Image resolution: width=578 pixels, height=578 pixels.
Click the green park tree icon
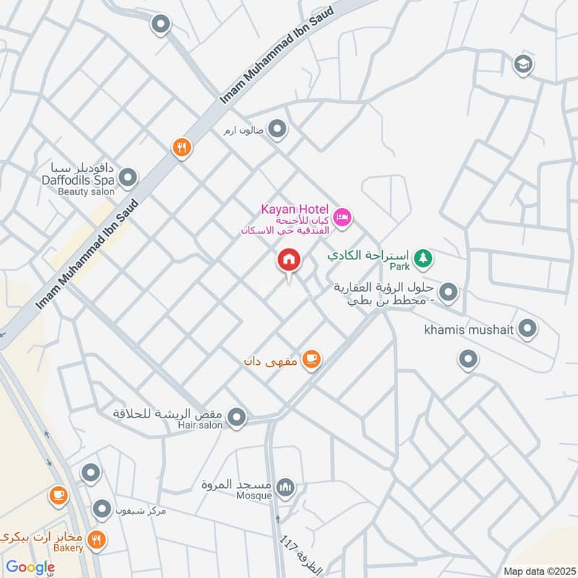(423, 256)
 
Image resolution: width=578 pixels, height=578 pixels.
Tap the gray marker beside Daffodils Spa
(128, 177)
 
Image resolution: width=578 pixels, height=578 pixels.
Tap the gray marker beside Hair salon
(236, 418)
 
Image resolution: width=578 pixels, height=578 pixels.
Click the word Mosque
(254, 496)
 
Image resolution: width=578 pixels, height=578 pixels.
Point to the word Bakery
(67, 548)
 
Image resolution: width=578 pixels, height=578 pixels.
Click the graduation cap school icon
(522, 65)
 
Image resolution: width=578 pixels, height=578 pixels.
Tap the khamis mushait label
(467, 330)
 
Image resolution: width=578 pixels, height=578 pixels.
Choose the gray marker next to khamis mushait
(527, 329)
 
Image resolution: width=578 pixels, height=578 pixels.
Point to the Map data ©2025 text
(538, 571)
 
